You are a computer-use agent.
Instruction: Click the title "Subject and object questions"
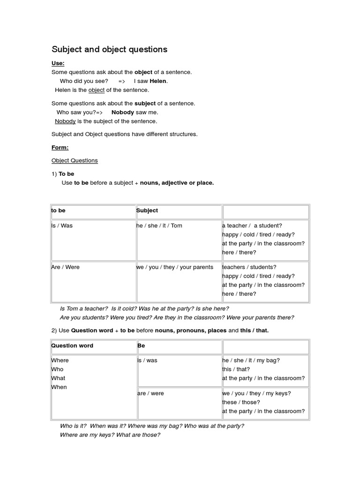(109, 49)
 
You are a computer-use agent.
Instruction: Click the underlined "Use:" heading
(58, 63)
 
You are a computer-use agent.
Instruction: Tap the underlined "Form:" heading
(60, 148)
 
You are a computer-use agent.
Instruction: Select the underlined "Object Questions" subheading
(75, 160)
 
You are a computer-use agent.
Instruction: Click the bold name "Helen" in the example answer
(158, 81)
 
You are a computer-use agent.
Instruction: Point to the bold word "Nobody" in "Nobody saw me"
(123, 112)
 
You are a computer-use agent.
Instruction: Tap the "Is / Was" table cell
(62, 225)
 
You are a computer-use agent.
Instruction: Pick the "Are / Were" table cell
(65, 267)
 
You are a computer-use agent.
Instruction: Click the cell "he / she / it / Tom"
(159, 225)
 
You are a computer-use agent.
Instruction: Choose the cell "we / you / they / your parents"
(174, 267)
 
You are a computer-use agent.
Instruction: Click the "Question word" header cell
(72, 345)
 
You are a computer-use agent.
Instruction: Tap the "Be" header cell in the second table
(141, 345)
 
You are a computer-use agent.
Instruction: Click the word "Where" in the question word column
(60, 360)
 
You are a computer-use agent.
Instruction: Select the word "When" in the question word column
(59, 387)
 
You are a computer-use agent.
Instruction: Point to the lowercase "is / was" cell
(147, 360)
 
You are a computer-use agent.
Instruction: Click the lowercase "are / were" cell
(150, 393)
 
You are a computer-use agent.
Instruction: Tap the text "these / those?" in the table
(241, 402)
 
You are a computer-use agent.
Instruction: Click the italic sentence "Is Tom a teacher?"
(84, 308)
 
